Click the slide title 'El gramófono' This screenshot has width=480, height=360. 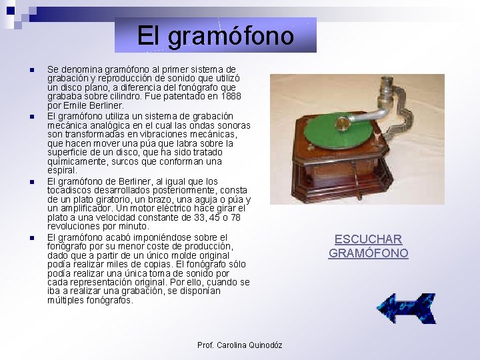(215, 35)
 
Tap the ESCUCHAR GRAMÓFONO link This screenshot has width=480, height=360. (368, 246)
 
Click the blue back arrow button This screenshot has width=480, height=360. (406, 308)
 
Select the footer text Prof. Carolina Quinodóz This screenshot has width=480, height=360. (239, 345)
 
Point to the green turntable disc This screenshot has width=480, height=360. (336, 131)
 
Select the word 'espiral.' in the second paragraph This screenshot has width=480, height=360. (62, 171)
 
